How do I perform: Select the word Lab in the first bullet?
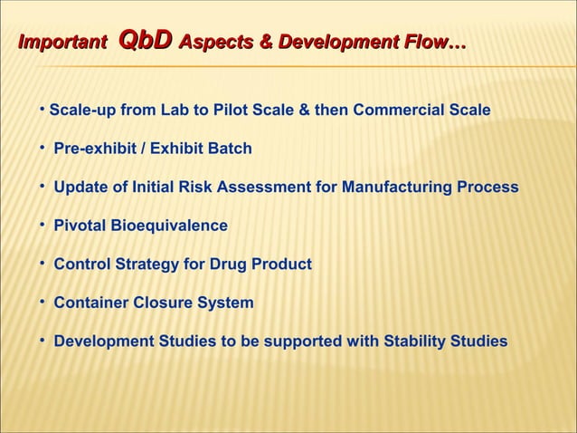(x=180, y=111)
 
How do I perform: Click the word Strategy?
(x=145, y=265)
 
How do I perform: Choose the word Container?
(x=90, y=303)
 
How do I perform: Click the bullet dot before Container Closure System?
(x=43, y=301)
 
